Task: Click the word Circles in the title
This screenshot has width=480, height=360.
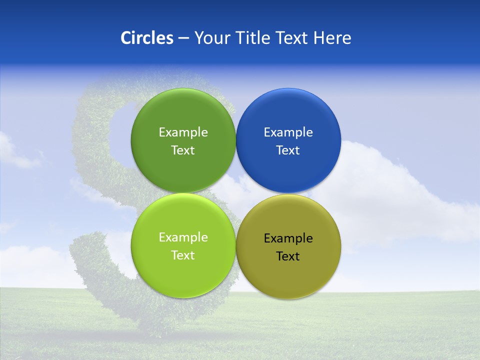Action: click(x=146, y=38)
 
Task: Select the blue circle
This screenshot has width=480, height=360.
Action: click(x=288, y=170)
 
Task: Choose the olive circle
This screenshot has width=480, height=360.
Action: click(x=288, y=277)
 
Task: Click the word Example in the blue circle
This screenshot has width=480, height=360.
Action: click(x=288, y=132)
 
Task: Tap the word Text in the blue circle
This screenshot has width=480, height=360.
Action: click(x=288, y=150)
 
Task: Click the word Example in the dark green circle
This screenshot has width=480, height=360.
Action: click(x=183, y=132)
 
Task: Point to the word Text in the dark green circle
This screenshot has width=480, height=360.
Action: click(x=183, y=150)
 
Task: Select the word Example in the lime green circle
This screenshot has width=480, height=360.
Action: click(x=183, y=237)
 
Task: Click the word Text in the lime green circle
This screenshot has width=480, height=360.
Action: click(x=183, y=255)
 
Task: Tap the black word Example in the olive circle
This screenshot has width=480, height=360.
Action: click(x=288, y=238)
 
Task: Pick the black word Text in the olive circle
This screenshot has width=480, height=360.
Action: click(x=288, y=256)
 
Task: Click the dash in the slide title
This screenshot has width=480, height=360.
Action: click(x=183, y=38)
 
